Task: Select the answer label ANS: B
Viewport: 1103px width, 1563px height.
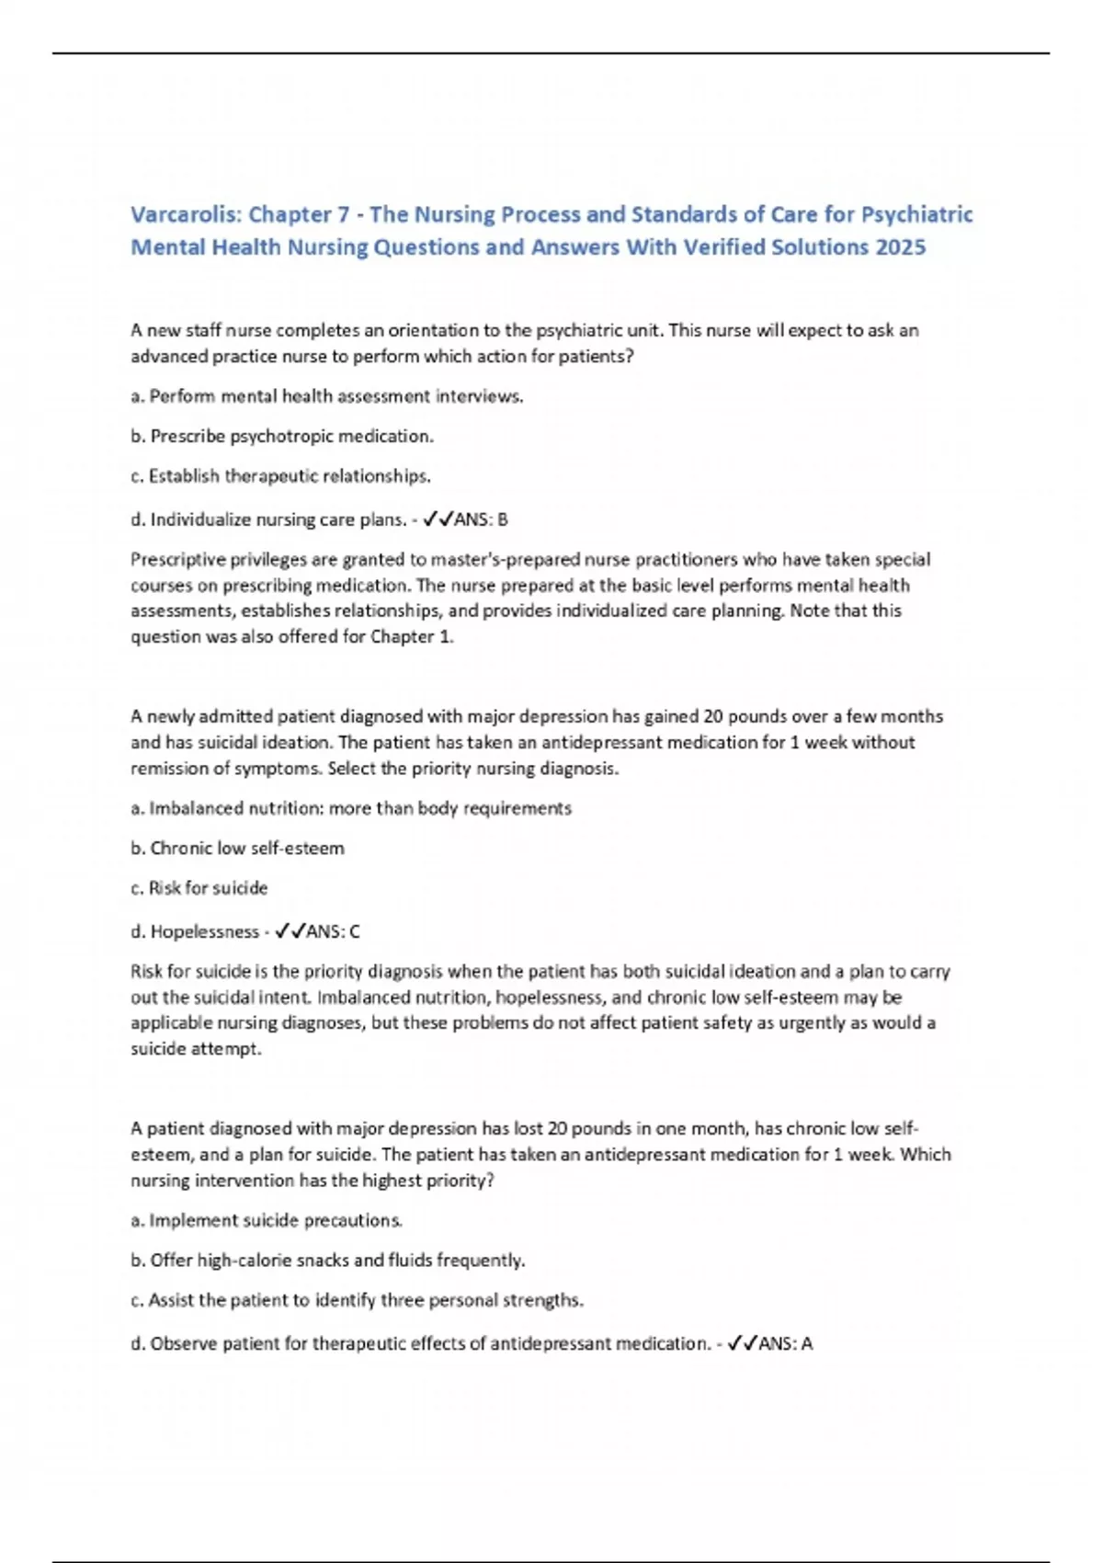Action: click(481, 519)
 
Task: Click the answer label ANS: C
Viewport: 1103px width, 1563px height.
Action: click(332, 931)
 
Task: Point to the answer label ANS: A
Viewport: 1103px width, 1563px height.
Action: click(785, 1343)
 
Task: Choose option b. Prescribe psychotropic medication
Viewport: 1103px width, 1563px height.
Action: click(282, 436)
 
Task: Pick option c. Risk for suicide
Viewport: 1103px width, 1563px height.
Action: click(199, 888)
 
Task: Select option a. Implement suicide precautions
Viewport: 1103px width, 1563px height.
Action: click(267, 1220)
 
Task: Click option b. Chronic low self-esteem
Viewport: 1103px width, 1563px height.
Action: click(237, 848)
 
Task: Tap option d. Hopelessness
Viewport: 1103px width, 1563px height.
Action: click(195, 931)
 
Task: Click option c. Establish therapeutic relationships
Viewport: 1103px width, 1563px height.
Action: click(280, 476)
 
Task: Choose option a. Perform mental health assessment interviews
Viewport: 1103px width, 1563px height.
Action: click(327, 396)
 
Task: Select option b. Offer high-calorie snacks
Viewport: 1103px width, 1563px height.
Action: click(328, 1260)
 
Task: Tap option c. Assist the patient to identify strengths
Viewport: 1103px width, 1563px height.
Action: click(357, 1300)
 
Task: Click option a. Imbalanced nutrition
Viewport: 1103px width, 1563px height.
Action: click(351, 808)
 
